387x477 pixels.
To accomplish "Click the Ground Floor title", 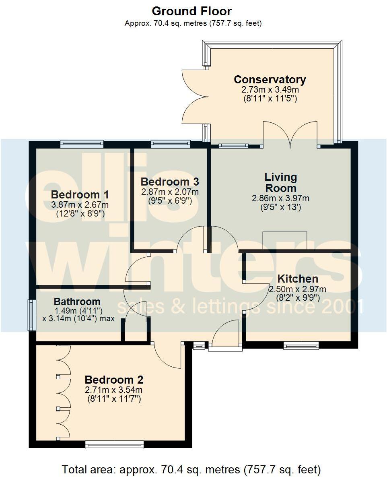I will click(191, 11).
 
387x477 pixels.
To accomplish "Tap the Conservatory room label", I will click(270, 80).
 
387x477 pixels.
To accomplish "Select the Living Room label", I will click(280, 182).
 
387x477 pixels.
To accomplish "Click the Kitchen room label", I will click(298, 279).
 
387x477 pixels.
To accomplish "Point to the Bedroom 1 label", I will click(80, 195).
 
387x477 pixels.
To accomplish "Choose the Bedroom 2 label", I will click(114, 380).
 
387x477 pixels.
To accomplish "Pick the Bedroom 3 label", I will click(170, 182).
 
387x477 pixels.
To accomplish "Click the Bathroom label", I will click(77, 301).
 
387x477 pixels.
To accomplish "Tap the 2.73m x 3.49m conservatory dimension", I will click(270, 89).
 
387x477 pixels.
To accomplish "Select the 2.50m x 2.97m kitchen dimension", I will click(297, 289).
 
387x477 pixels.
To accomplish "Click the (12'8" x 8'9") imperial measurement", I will click(80, 214).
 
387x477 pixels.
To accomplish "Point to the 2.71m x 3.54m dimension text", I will click(114, 390).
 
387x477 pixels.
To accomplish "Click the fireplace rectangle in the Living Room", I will click(284, 241).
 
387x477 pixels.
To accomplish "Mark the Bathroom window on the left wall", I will click(31, 315).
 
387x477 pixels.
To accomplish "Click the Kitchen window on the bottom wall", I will click(301, 345).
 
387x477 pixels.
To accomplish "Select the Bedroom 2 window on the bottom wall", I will click(114, 444).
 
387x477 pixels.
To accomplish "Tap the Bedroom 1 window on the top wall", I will click(82, 144).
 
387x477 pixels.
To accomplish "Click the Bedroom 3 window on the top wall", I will click(171, 144).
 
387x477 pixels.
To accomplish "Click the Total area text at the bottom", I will click(191, 469).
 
